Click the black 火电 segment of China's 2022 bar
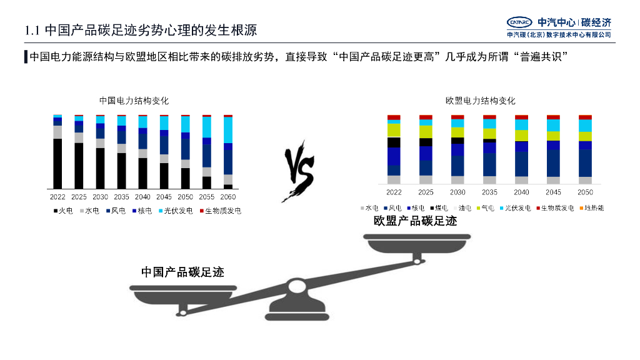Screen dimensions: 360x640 pos(57,163)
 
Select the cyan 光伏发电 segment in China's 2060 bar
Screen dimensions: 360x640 pos(228,130)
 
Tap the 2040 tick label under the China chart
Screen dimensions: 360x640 pos(142,197)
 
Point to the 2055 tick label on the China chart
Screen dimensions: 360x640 pos(206,197)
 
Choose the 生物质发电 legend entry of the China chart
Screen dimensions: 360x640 pos(223,211)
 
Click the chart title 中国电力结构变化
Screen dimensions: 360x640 pos(134,101)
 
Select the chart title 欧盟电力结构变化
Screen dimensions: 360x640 pos(481,101)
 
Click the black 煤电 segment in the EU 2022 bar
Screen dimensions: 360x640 pos(394,142)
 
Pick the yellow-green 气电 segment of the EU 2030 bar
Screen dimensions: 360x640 pos(457,132)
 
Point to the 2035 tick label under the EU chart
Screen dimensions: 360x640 pos(490,192)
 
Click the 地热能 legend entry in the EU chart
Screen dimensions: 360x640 pos(591,207)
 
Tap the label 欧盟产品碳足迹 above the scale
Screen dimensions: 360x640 pos(415,221)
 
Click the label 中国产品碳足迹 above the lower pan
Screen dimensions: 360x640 pos(182,272)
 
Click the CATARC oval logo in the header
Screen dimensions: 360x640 pos(519,22)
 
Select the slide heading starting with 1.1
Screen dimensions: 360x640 pos(140,30)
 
